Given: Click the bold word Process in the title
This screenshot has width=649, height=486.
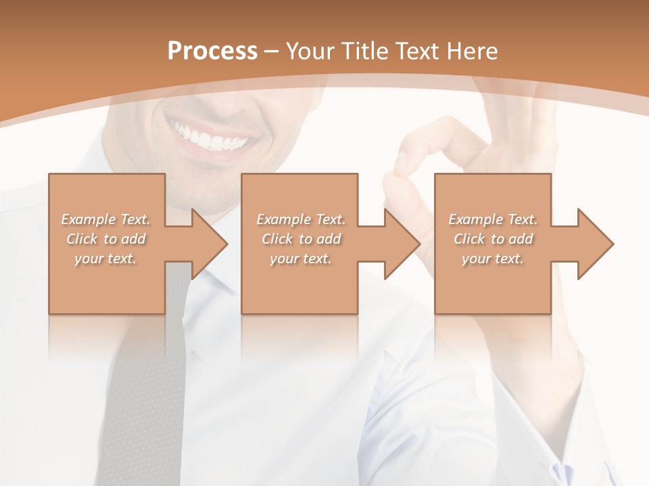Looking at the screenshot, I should click(x=212, y=51).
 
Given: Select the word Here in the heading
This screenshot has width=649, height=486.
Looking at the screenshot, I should click(x=473, y=51).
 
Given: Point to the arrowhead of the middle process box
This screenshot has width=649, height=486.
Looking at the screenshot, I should click(x=402, y=244).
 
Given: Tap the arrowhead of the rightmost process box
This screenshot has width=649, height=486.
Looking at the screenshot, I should click(x=595, y=244).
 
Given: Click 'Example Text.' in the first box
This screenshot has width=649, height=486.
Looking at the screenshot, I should click(x=106, y=219).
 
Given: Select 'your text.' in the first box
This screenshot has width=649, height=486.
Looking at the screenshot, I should click(x=106, y=259).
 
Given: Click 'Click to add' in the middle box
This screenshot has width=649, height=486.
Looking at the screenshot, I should click(x=301, y=239).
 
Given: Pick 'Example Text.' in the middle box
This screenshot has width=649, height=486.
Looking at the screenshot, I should click(x=301, y=219).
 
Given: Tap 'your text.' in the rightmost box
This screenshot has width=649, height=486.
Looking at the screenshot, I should click(x=493, y=259).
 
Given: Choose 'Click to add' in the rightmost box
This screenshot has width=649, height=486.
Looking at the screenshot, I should click(x=493, y=239).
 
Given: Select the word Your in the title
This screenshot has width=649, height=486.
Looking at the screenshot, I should click(x=310, y=51).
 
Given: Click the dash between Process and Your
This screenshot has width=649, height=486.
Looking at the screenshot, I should click(x=272, y=51).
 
